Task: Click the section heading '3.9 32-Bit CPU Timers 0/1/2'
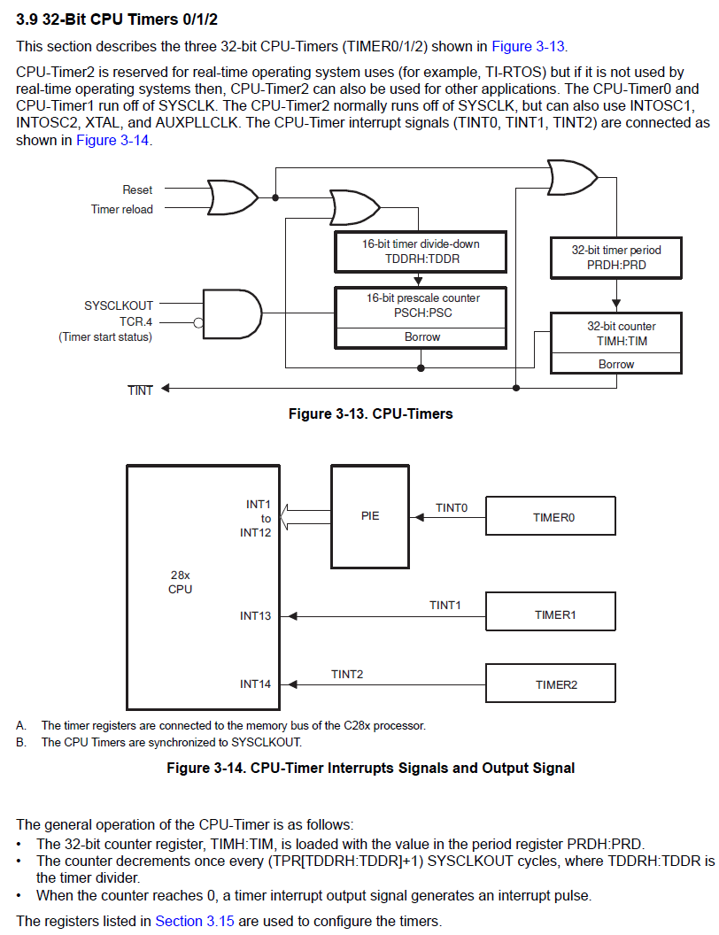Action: click(117, 19)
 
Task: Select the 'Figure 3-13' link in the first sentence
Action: click(529, 46)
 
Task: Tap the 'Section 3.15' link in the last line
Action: click(195, 921)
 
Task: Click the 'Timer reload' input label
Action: click(121, 210)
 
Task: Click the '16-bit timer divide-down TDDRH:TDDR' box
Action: click(421, 251)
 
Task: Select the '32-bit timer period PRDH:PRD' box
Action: click(615, 257)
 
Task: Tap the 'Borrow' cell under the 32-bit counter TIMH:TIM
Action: click(615, 364)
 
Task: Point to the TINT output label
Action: click(140, 390)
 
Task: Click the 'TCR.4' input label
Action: click(136, 321)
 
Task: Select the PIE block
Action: click(370, 516)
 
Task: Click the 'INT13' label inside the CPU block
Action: click(256, 615)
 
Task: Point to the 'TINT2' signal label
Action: click(347, 674)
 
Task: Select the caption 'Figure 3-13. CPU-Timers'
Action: click(370, 413)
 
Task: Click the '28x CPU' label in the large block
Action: click(180, 582)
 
